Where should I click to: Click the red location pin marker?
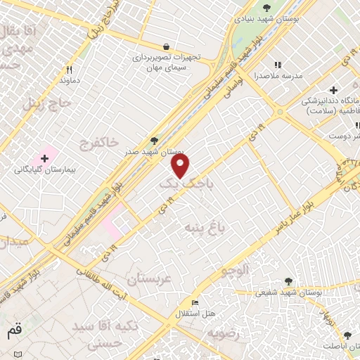coord(181,166)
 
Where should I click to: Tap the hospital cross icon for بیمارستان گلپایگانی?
coord(44,157)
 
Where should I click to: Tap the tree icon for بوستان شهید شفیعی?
coord(288,281)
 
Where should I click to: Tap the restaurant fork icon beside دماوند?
coord(69,70)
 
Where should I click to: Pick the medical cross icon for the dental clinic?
coord(333,90)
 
